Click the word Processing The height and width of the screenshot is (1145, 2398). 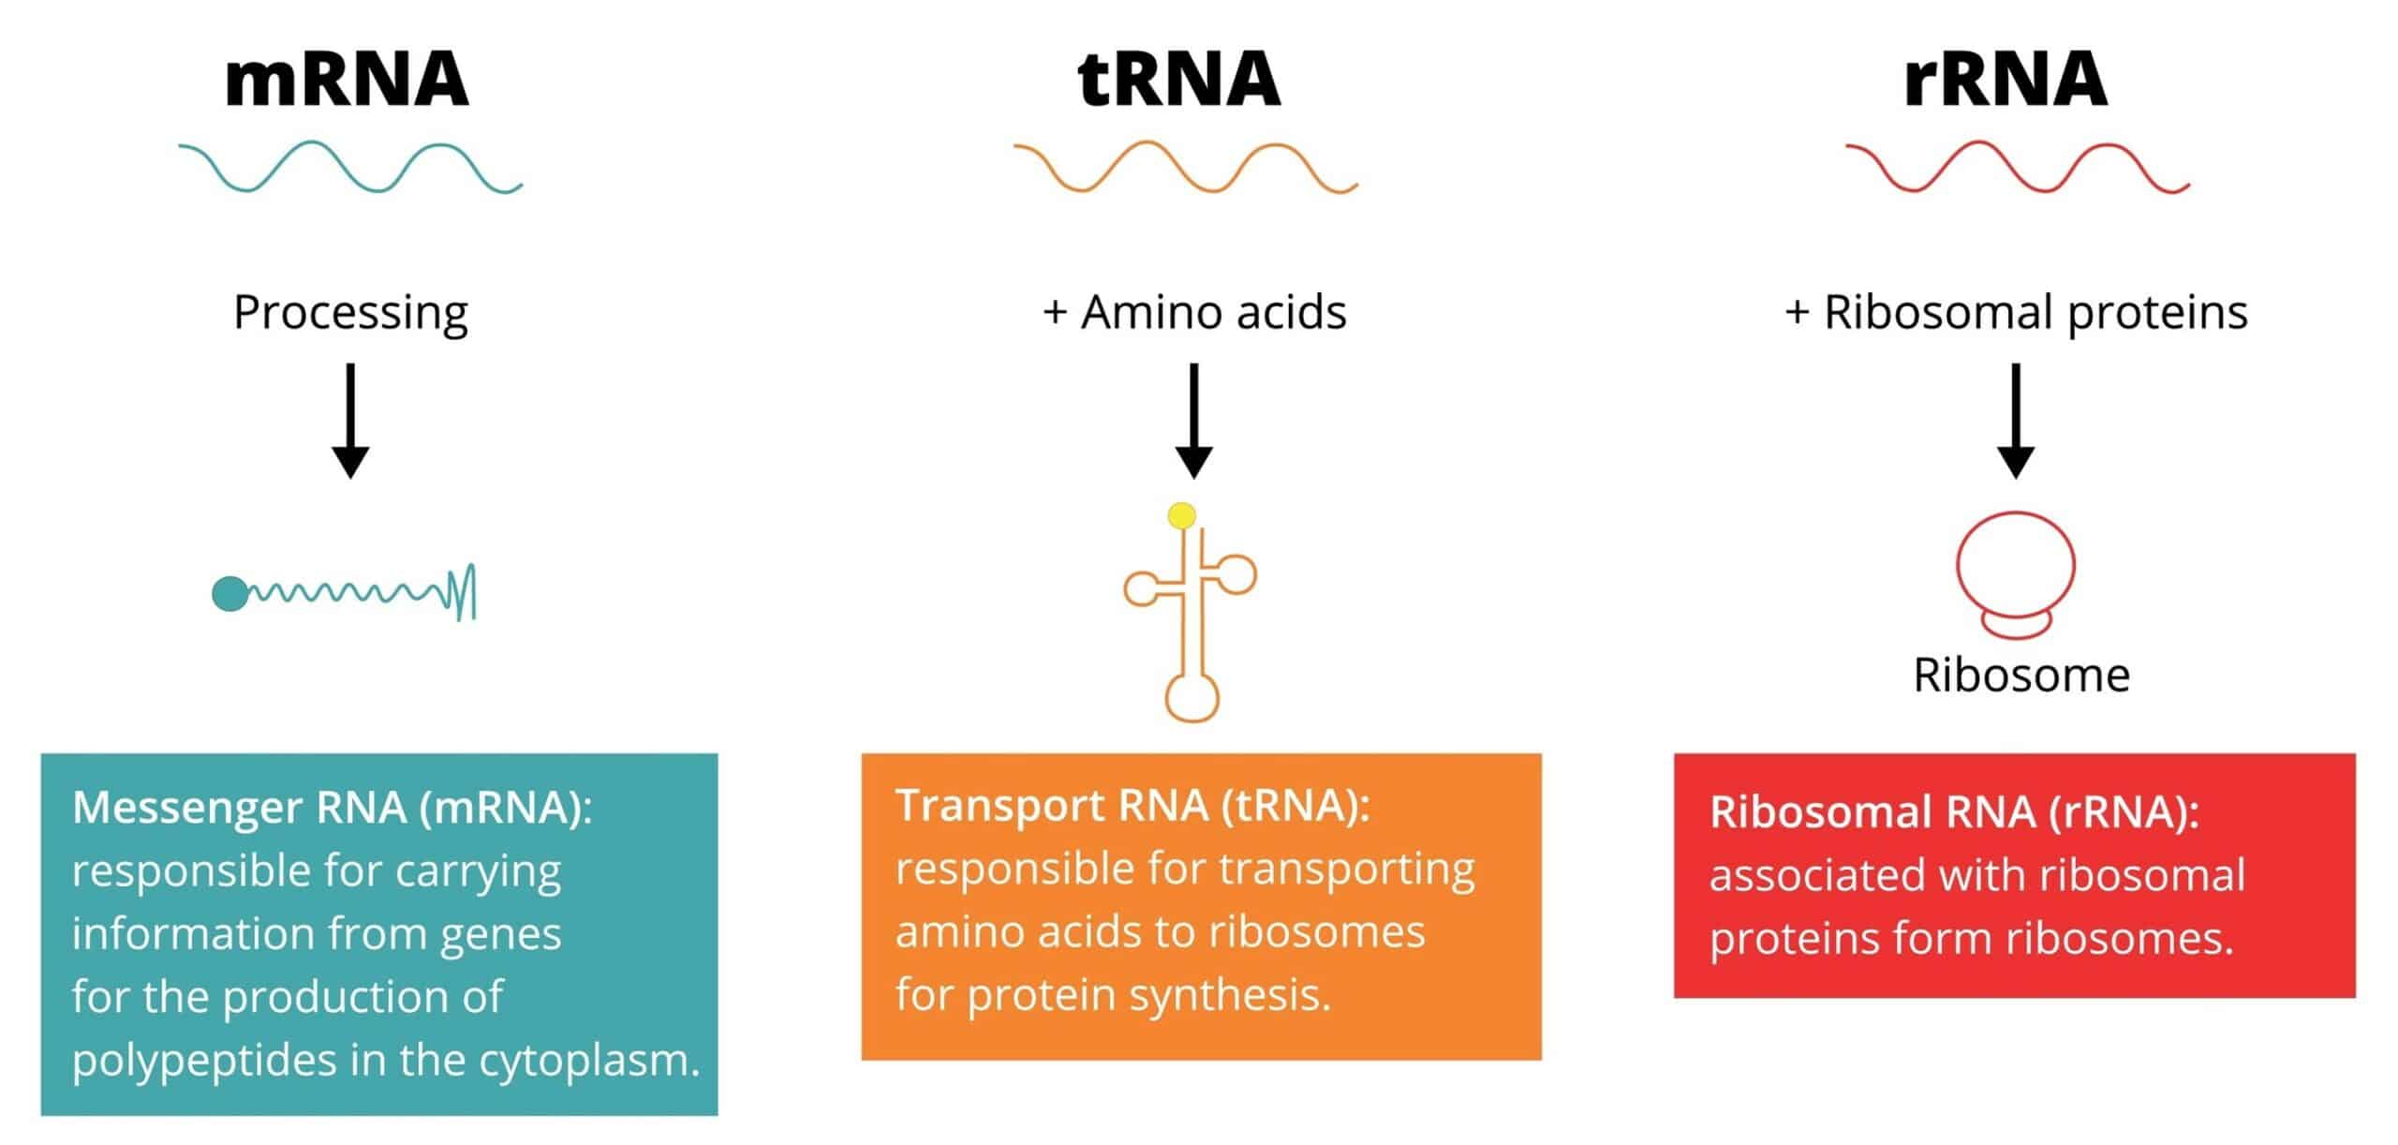[350, 314]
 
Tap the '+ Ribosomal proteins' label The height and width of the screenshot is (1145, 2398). [2016, 314]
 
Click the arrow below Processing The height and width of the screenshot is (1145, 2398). [350, 421]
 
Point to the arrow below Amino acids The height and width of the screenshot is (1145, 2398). [1193, 421]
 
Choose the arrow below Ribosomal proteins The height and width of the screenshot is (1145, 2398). [2016, 421]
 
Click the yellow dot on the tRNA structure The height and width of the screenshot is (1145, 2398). [1182, 515]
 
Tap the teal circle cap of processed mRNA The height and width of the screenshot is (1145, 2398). [229, 594]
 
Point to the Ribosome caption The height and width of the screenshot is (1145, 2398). [2021, 675]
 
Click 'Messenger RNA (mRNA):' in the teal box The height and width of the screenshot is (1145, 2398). [333, 809]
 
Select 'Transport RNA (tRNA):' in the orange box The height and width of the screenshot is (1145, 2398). [1132, 806]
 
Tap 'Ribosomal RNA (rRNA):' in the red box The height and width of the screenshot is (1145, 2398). [1955, 812]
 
